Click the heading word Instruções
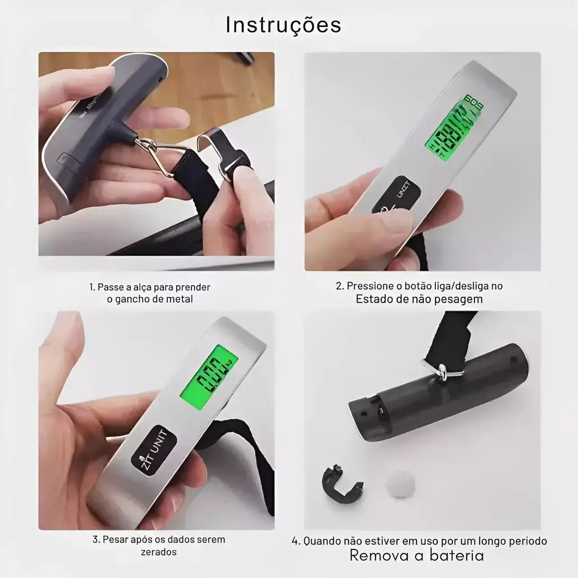tap(283, 25)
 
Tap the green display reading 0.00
tap(209, 372)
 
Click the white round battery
tap(401, 485)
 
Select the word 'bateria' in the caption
tap(457, 555)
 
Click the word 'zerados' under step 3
tap(158, 552)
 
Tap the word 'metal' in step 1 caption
tap(180, 299)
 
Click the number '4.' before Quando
tap(296, 541)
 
